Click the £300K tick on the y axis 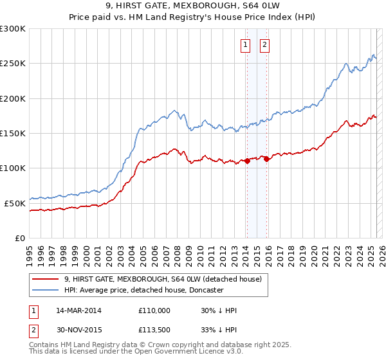pyautogui.click(x=13, y=29)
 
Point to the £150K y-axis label pyautogui.click(x=13, y=134)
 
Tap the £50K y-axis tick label pyautogui.click(x=15, y=203)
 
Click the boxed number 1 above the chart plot pyautogui.click(x=246, y=45)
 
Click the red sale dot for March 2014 pyautogui.click(x=246, y=161)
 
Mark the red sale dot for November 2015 pyautogui.click(x=266, y=159)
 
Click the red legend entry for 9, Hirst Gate pyautogui.click(x=162, y=279)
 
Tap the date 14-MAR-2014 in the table pyautogui.click(x=78, y=310)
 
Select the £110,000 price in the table pyautogui.click(x=154, y=310)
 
